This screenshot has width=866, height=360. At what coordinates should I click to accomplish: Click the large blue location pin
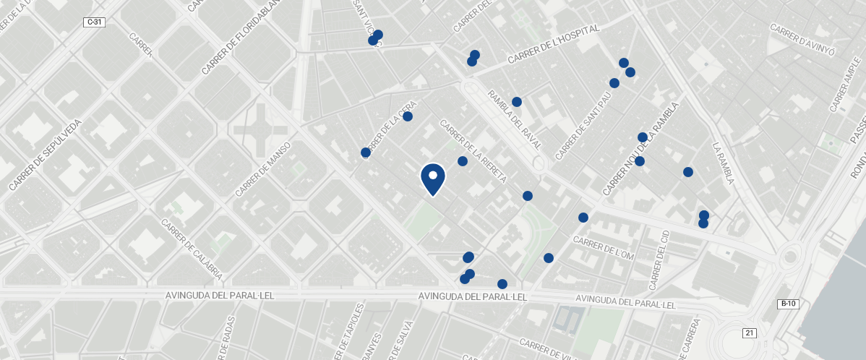[432, 179]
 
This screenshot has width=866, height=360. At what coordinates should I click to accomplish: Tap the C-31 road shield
[95, 22]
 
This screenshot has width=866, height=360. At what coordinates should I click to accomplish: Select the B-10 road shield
[789, 304]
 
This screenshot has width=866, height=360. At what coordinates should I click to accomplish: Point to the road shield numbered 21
[750, 333]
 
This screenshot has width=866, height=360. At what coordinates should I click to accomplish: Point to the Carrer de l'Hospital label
[554, 46]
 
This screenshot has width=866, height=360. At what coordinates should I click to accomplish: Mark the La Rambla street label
[723, 163]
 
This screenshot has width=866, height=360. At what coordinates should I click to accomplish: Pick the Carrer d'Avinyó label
[802, 40]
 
